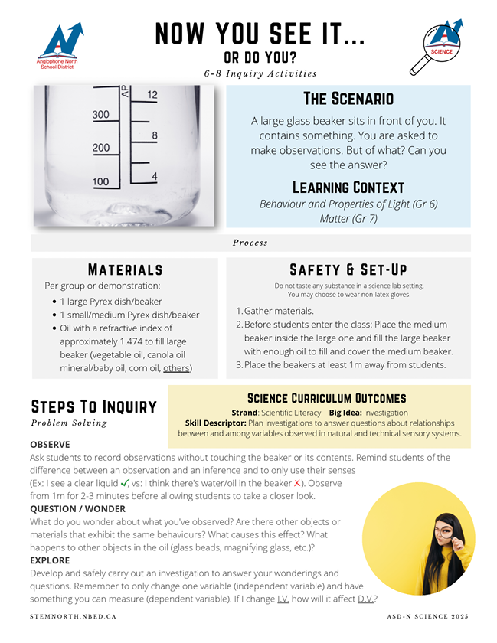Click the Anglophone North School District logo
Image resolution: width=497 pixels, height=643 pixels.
click(x=59, y=46)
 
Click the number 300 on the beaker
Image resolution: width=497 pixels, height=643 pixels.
click(x=101, y=115)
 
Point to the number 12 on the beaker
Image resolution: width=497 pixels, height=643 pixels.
click(x=152, y=95)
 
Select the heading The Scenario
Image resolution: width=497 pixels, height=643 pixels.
click(x=348, y=99)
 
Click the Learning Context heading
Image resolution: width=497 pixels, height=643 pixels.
click(x=348, y=188)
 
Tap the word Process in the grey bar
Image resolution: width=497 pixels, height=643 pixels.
click(x=250, y=243)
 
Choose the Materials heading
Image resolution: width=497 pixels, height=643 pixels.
click(x=125, y=269)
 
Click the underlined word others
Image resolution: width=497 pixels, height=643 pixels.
click(x=177, y=368)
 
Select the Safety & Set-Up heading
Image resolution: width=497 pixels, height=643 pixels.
click(x=348, y=269)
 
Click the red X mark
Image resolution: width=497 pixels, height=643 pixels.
click(x=298, y=484)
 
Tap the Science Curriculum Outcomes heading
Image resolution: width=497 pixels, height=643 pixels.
click(x=326, y=399)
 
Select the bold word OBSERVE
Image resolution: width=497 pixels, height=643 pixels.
click(x=50, y=445)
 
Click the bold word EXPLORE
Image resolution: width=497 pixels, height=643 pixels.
click(x=50, y=560)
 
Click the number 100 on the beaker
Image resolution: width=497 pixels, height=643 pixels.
click(x=101, y=182)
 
